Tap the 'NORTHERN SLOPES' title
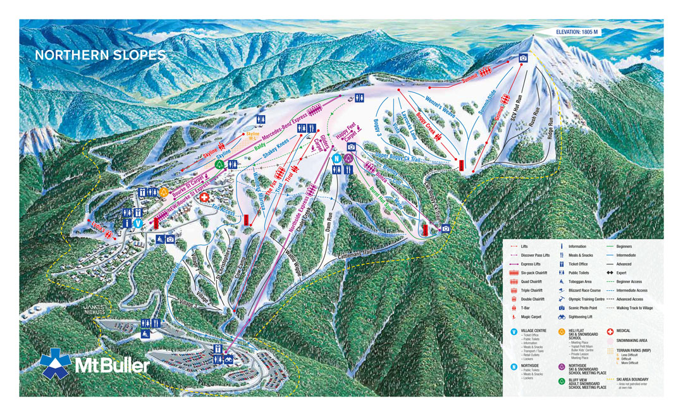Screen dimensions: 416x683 100,56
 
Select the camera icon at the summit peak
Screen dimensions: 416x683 523,58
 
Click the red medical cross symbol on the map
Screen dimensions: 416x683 204,198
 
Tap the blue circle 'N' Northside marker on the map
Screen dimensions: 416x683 337,157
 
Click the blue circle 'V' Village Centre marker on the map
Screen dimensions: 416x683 138,223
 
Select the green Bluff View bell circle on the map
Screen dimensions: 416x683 219,164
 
